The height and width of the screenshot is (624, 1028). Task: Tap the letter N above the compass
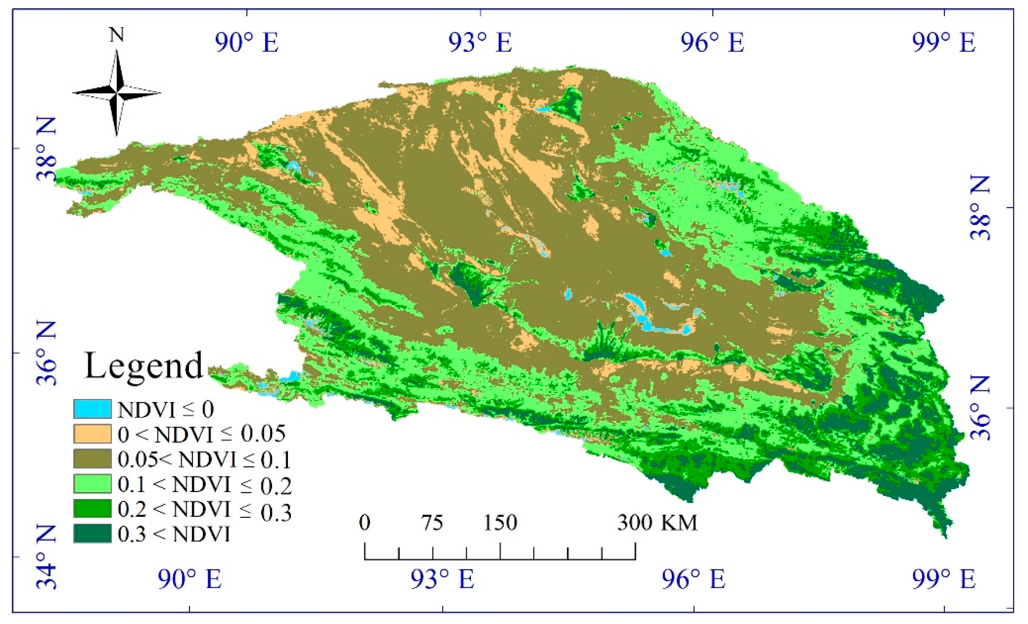pyautogui.click(x=116, y=35)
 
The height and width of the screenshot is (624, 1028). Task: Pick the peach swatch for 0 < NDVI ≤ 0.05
pyautogui.click(x=92, y=434)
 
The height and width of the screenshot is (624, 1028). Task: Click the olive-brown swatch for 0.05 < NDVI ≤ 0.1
pyautogui.click(x=92, y=459)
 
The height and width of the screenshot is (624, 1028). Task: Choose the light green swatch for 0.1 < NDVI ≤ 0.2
pyautogui.click(x=92, y=484)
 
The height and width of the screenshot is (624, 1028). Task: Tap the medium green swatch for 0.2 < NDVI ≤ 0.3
pyautogui.click(x=92, y=508)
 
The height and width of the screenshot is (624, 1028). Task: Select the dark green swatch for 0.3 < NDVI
pyautogui.click(x=92, y=534)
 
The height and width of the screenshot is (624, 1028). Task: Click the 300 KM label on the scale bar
pyautogui.click(x=658, y=523)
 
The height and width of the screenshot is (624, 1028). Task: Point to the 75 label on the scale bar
pyautogui.click(x=432, y=523)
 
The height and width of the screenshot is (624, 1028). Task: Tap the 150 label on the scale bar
pyautogui.click(x=500, y=523)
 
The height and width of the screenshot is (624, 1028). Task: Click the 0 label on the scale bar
pyautogui.click(x=364, y=523)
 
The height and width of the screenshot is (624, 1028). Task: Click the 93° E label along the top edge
pyautogui.click(x=480, y=43)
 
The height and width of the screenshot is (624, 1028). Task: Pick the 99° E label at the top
pyautogui.click(x=944, y=43)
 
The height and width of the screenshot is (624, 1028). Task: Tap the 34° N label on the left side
pyautogui.click(x=46, y=557)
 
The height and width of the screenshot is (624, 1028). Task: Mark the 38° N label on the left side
pyautogui.click(x=46, y=148)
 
